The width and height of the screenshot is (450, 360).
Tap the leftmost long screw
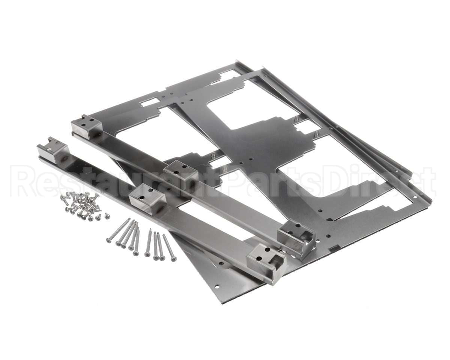click(x=118, y=229)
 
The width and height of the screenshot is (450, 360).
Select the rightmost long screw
click(x=168, y=247)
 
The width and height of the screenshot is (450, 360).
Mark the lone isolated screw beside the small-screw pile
click(x=107, y=216)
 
